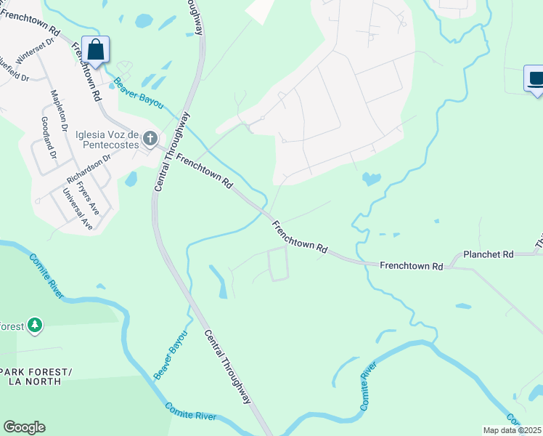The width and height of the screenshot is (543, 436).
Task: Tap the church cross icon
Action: [150, 138]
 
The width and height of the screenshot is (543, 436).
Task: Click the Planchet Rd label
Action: [489, 254]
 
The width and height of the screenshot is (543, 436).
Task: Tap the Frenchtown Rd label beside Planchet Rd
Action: [411, 267]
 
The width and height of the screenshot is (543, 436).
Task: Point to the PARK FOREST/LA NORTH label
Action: [36, 376]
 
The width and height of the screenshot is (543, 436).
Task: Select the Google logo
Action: [24, 427]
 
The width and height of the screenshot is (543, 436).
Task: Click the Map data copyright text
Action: [513, 430]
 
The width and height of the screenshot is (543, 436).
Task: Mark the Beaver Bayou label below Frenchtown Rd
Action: [171, 354]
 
